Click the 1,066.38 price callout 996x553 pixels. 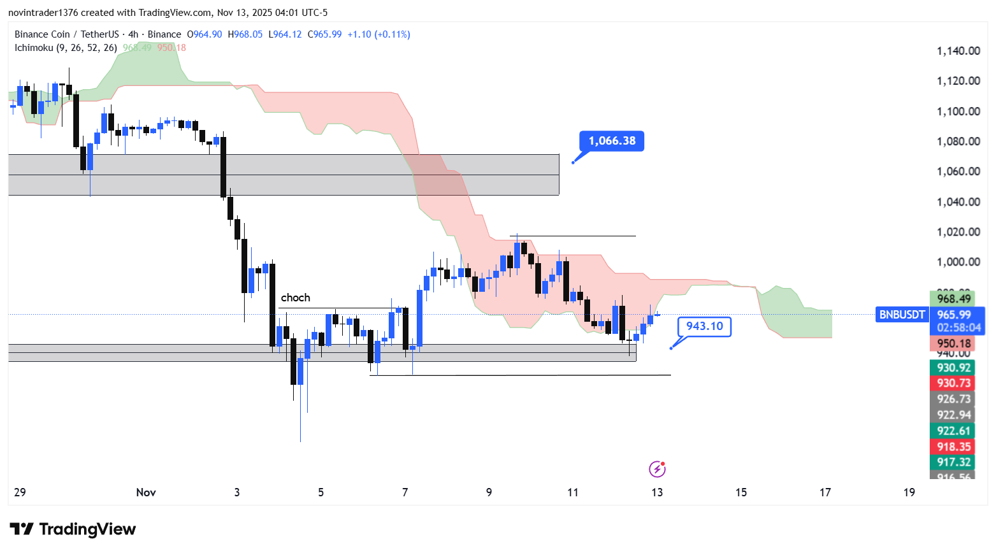click(x=612, y=141)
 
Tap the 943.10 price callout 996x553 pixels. click(x=704, y=326)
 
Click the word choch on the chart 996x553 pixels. click(x=296, y=298)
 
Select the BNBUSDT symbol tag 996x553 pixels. click(x=902, y=315)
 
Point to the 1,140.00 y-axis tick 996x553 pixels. click(x=958, y=51)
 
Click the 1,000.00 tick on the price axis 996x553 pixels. click(x=958, y=262)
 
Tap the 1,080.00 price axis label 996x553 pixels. click(x=958, y=141)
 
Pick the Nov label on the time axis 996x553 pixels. click(x=146, y=492)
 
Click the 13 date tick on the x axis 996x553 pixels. click(x=657, y=492)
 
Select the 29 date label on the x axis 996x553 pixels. click(x=20, y=492)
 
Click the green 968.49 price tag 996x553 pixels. click(x=954, y=299)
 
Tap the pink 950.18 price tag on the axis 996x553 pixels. click(x=954, y=344)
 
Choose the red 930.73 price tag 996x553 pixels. click(x=954, y=383)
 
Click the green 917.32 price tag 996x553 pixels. click(x=954, y=462)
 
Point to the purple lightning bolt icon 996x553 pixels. click(x=657, y=470)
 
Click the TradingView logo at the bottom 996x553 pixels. click(x=73, y=529)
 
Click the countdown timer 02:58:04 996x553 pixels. click(x=958, y=328)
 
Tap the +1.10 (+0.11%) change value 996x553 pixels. click(x=379, y=34)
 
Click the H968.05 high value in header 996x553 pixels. click(x=248, y=34)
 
